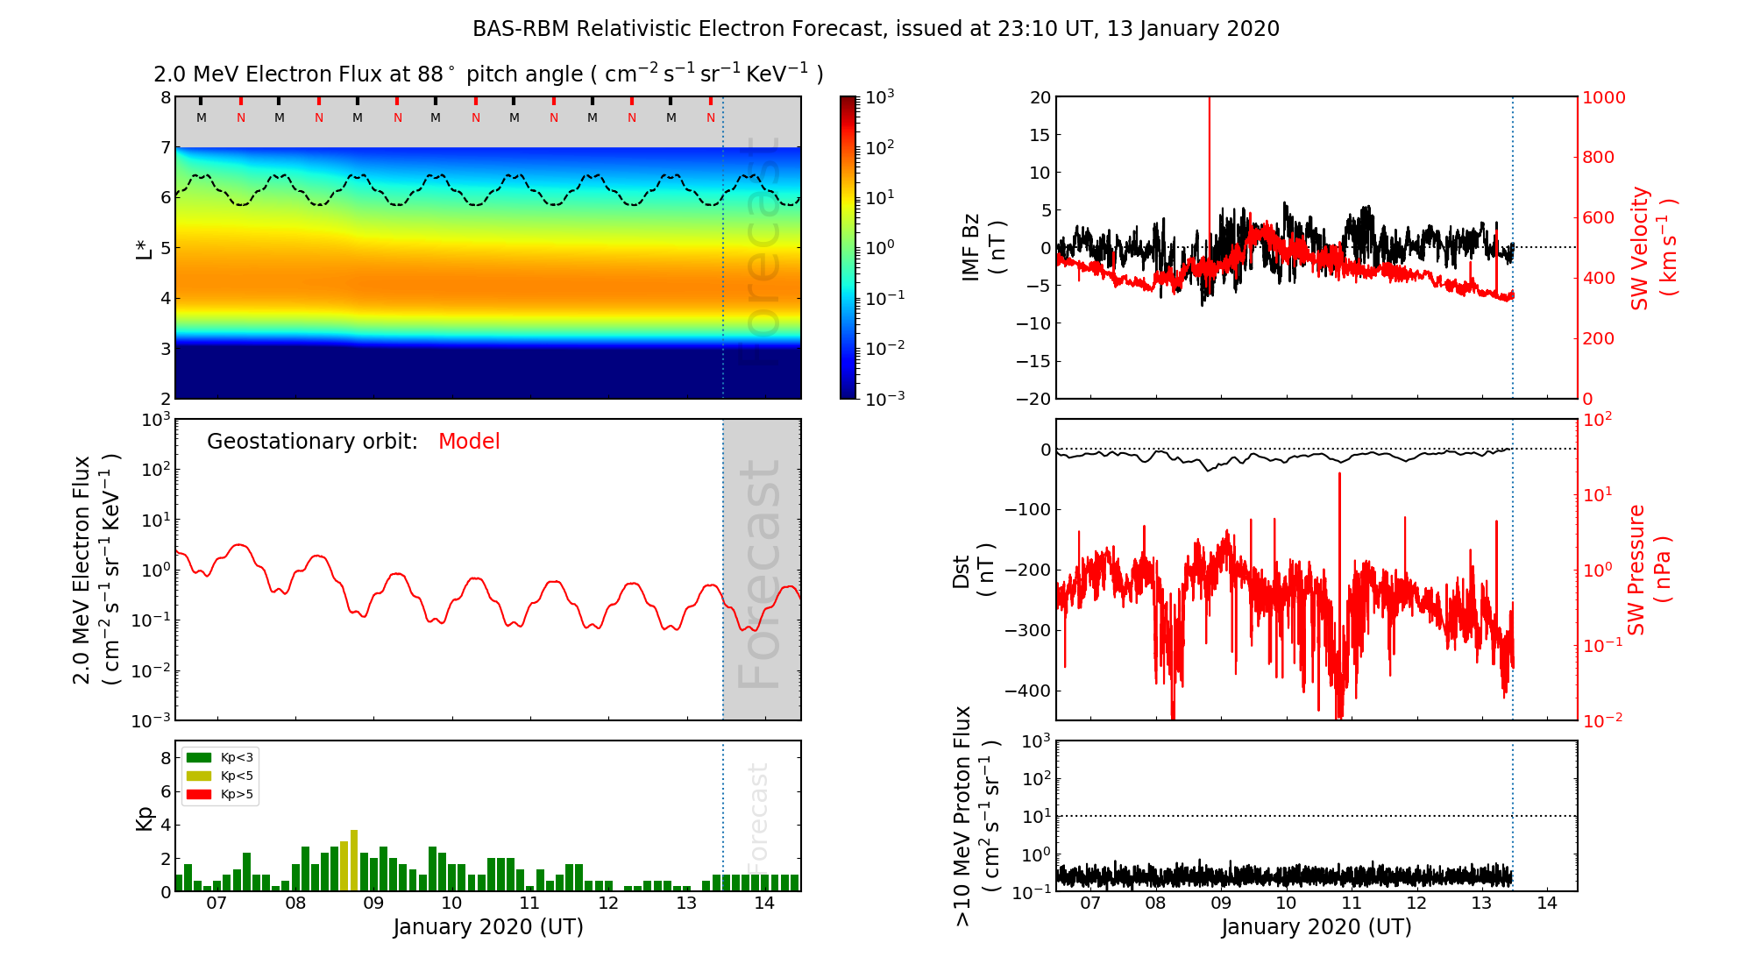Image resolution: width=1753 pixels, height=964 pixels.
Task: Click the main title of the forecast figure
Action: pos(876,29)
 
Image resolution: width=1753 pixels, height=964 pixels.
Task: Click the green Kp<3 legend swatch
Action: pos(199,757)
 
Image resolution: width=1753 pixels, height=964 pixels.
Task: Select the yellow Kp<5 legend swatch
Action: pos(199,776)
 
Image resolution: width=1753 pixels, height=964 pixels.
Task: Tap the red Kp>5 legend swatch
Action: pos(199,795)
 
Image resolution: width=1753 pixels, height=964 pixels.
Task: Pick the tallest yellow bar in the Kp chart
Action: pos(354,860)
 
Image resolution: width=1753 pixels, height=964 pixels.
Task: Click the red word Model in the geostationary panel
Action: pos(469,442)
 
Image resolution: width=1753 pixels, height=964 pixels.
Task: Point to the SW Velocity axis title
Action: pos(1652,248)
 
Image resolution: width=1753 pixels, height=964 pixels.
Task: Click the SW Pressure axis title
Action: pos(1648,570)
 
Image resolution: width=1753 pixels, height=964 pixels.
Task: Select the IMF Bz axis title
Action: pos(983,248)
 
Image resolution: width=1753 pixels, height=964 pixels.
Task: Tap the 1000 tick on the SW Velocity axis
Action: pos(1603,97)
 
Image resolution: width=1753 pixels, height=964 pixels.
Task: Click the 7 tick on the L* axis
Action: pos(165,147)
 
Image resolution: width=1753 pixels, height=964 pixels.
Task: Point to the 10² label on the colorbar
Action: pos(880,147)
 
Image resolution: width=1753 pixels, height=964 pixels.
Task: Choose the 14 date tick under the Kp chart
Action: pos(764,904)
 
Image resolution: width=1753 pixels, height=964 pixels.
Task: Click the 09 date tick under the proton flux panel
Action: pos(1221,904)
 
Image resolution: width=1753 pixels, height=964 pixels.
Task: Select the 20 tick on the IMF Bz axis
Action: pos(1040,97)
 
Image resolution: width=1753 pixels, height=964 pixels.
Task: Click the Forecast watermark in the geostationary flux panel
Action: pos(759,574)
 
